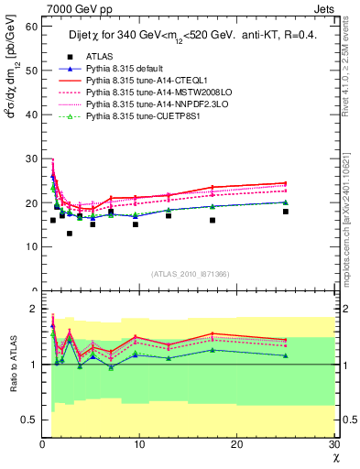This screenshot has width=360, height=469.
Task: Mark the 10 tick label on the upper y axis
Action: coord(30,246)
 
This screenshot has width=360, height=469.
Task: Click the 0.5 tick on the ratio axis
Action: coord(28,420)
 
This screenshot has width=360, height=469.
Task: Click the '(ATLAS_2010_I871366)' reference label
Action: coord(190,274)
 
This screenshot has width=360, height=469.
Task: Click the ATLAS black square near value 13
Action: coord(70,234)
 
